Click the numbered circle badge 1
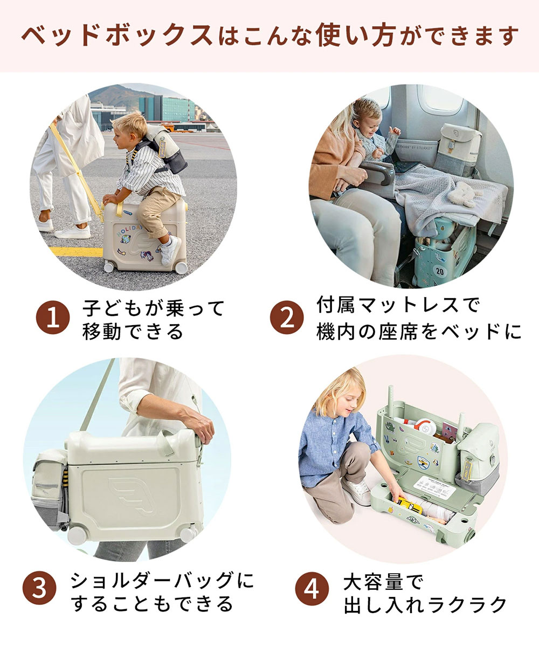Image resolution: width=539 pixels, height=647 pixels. (x=53, y=318)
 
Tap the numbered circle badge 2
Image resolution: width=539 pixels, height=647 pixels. (x=287, y=318)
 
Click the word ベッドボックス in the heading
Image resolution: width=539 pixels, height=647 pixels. (x=117, y=36)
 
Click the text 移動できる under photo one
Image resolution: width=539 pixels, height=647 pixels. (x=133, y=331)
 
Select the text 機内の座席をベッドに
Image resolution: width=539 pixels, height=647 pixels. (x=419, y=331)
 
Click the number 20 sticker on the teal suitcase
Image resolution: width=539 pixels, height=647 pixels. (x=439, y=271)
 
